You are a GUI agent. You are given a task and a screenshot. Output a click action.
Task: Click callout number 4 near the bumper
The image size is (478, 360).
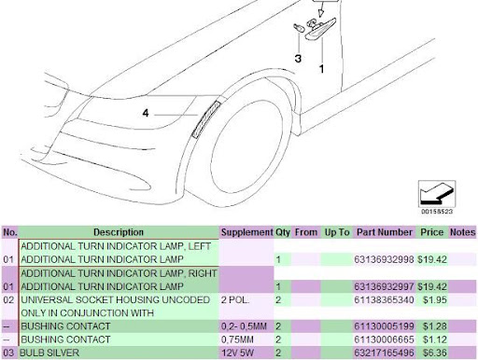pyautogui.click(x=146, y=113)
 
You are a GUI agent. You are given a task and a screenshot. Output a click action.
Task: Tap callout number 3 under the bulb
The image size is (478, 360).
pyautogui.click(x=298, y=59)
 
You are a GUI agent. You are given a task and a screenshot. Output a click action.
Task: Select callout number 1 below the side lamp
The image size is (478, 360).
pyautogui.click(x=321, y=69)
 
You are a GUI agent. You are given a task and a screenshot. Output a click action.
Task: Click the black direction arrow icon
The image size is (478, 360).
pyautogui.click(x=436, y=194)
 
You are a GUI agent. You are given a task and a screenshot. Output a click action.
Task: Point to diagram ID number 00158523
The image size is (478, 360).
pyautogui.click(x=437, y=212)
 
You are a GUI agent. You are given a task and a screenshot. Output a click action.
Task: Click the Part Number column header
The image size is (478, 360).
pyautogui.click(x=385, y=232)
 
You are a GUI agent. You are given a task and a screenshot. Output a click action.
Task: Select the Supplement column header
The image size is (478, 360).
pyautogui.click(x=246, y=232)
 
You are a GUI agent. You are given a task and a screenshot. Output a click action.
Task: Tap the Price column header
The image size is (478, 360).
pyautogui.click(x=431, y=232)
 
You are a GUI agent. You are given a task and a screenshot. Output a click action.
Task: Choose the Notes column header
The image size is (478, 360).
pyautogui.click(x=462, y=232)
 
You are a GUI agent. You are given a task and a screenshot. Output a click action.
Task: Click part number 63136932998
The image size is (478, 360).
pyautogui.click(x=384, y=259)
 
